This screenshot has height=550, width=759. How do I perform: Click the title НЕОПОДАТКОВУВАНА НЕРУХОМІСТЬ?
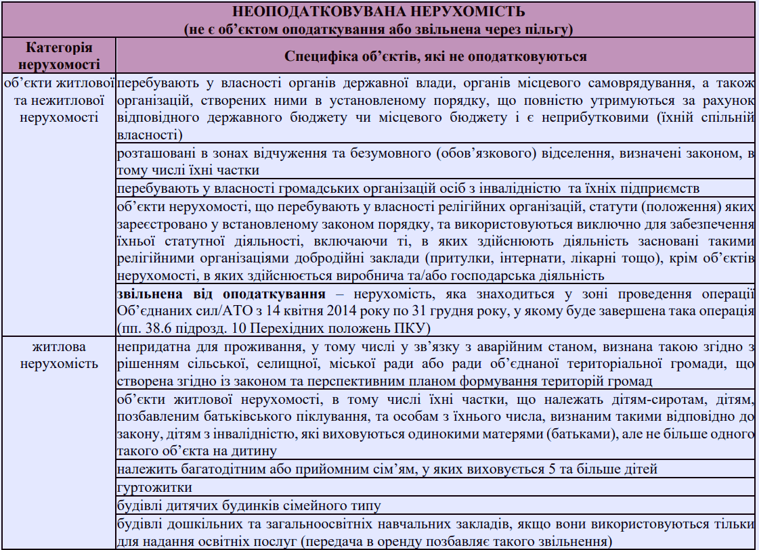click(x=378, y=13)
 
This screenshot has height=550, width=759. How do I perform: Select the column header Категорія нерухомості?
click(x=60, y=55)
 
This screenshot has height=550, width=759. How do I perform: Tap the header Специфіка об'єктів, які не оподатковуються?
click(x=435, y=55)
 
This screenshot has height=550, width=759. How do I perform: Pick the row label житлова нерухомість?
click(x=60, y=355)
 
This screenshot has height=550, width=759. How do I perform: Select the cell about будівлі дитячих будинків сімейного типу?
click(x=248, y=505)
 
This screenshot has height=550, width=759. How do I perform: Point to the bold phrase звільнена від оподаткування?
click(x=221, y=294)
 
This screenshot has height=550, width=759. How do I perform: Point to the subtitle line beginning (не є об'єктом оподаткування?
click(x=378, y=29)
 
